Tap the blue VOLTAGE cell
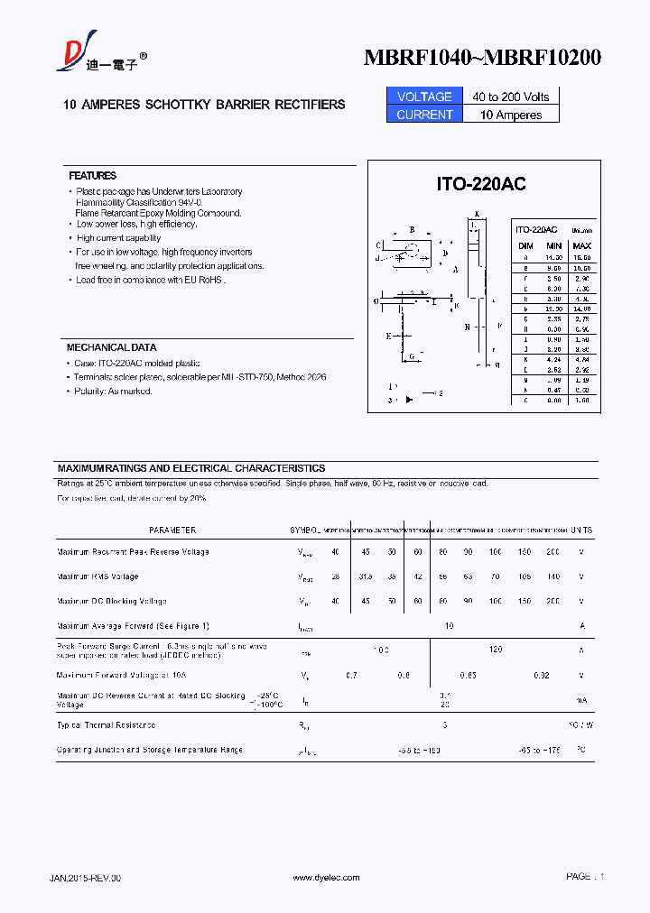click(424, 97)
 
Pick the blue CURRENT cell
click(424, 115)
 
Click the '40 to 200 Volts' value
click(510, 97)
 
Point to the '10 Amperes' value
click(511, 115)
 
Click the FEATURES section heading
click(92, 176)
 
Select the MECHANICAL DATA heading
click(111, 347)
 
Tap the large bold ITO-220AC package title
click(481, 184)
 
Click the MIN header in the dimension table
click(554, 245)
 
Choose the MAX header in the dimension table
click(582, 245)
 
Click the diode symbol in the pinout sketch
click(408, 399)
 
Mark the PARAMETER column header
click(172, 530)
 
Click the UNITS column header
click(581, 530)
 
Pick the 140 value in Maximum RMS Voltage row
click(552, 576)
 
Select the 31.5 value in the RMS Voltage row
click(365, 576)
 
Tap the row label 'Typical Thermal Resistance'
click(106, 724)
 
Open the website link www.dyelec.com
click(327, 878)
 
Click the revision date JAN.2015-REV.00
click(84, 878)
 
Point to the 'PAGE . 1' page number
click(585, 876)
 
